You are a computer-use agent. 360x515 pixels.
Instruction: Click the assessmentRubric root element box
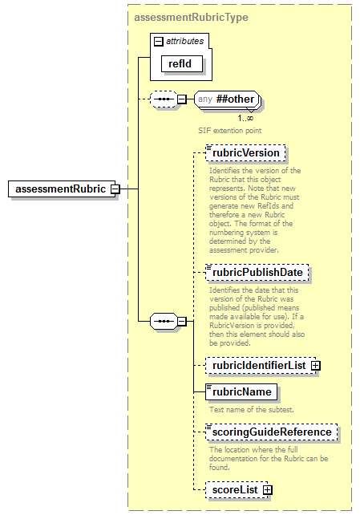59,189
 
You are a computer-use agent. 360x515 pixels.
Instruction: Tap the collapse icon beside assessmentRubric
115,189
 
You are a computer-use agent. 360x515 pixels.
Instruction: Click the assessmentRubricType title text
191,17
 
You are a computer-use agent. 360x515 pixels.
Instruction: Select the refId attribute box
180,63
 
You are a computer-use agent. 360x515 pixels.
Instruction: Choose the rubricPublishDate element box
257,273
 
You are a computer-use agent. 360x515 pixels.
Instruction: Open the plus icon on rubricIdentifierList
315,365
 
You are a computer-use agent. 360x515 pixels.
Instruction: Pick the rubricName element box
241,391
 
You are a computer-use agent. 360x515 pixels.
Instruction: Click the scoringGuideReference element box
270,432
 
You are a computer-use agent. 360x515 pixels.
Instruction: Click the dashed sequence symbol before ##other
164,99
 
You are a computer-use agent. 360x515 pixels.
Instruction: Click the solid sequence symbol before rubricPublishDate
164,321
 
